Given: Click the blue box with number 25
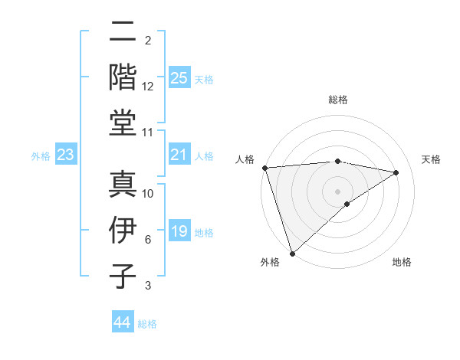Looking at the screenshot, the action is [179, 77].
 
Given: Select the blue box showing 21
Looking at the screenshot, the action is [179, 155].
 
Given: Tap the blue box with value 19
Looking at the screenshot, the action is [179, 231].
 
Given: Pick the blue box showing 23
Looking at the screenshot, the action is [66, 155].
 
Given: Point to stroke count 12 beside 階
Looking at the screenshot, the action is [148, 87].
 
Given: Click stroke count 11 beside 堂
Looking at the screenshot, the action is [148, 133].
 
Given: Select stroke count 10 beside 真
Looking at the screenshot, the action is [148, 195].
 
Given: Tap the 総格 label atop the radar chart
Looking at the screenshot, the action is [338, 100].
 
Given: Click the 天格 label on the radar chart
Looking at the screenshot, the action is [431, 159].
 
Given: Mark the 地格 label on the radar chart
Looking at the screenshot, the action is [402, 263].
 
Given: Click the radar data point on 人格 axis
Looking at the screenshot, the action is [264, 168].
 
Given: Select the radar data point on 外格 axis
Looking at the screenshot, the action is [292, 253].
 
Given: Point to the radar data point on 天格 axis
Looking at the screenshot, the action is [396, 172].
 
